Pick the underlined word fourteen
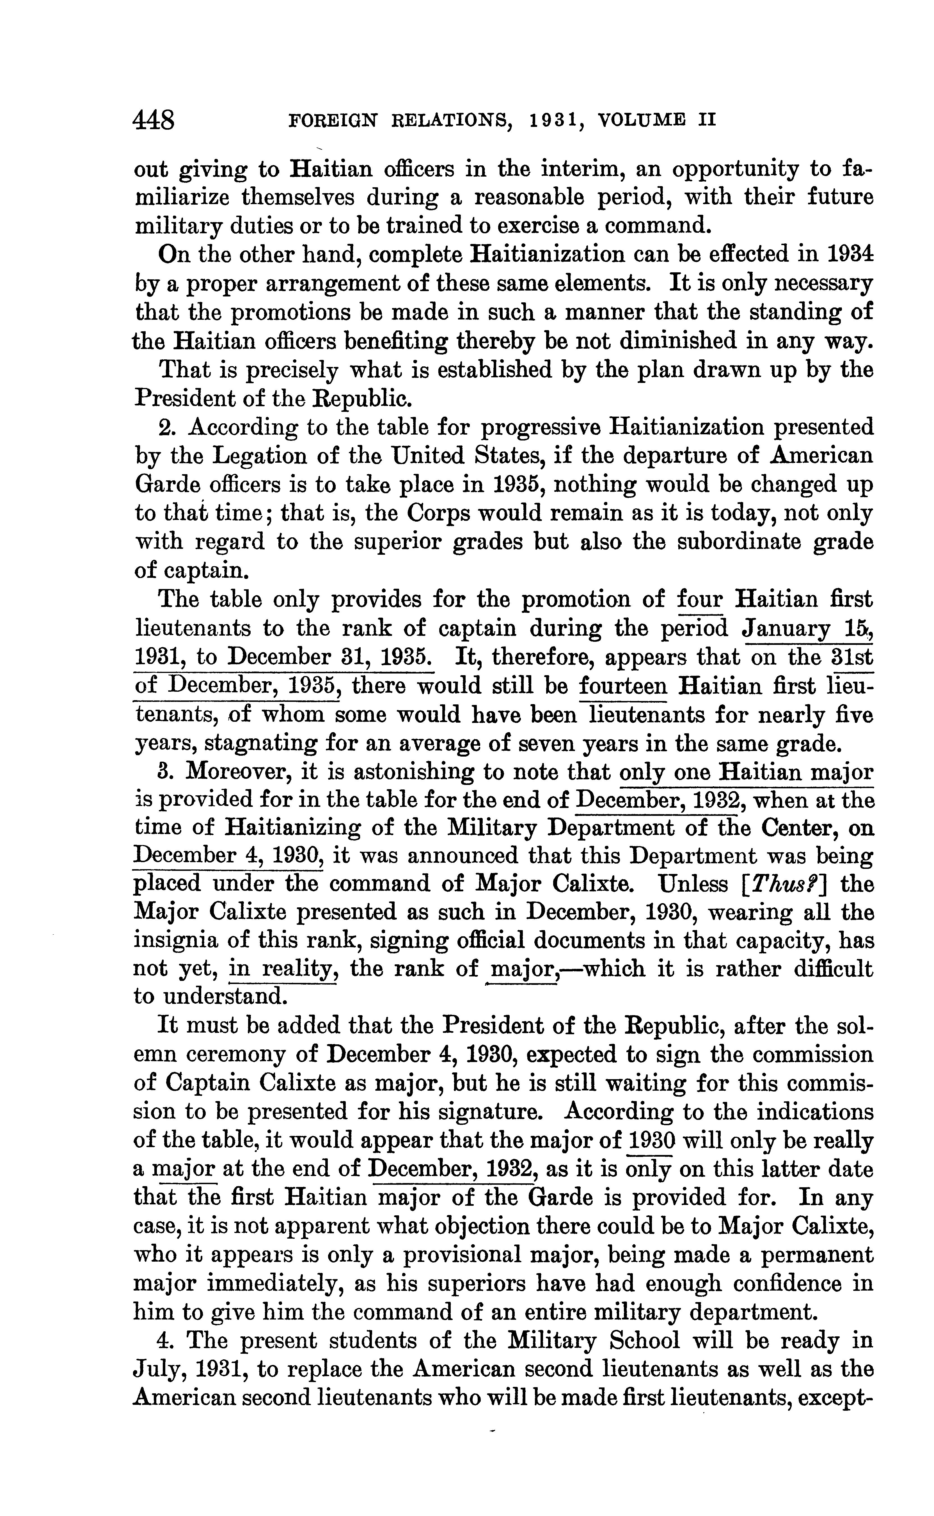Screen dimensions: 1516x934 (624, 686)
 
